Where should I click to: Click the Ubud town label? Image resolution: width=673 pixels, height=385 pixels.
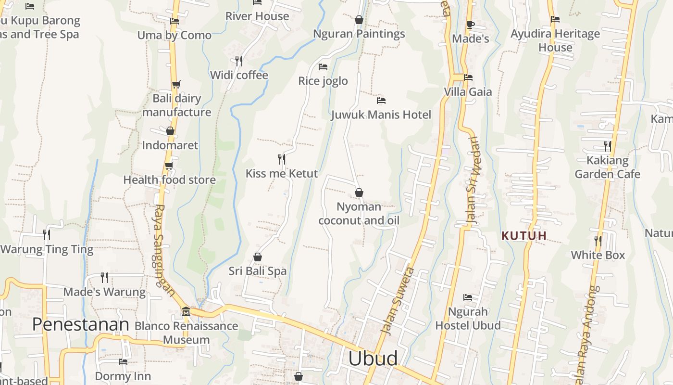tap(373, 359)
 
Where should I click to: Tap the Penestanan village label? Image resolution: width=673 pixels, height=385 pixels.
tap(81, 324)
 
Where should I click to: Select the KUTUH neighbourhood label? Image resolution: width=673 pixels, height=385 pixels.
tap(524, 236)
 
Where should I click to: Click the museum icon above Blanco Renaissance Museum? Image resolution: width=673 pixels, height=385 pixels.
tap(186, 312)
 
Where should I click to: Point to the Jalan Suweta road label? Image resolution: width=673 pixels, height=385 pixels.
tap(397, 300)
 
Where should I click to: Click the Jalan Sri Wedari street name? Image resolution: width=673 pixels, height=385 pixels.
tap(473, 181)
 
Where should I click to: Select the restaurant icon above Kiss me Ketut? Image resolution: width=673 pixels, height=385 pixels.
tap(282, 159)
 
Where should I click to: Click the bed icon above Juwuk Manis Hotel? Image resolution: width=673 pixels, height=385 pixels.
tap(381, 101)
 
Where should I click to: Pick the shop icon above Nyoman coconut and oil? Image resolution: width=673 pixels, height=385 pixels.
tap(359, 192)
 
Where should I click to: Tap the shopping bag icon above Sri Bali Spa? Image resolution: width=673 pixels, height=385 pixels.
tap(258, 257)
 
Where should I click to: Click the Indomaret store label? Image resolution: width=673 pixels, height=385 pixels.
tap(170, 145)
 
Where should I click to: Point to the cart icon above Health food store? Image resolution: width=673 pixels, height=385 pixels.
tap(169, 166)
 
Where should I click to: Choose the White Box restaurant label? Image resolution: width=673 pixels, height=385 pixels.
tap(598, 255)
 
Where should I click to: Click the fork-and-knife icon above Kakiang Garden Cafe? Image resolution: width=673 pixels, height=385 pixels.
tap(608, 146)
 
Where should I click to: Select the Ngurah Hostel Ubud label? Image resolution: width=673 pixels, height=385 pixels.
tap(468, 319)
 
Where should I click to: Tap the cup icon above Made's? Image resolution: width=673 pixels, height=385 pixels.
tap(470, 25)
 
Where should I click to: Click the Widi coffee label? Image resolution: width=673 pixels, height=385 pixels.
tap(239, 75)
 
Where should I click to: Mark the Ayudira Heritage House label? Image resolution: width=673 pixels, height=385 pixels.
tap(555, 40)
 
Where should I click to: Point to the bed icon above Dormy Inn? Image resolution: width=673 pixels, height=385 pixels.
tap(123, 361)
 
